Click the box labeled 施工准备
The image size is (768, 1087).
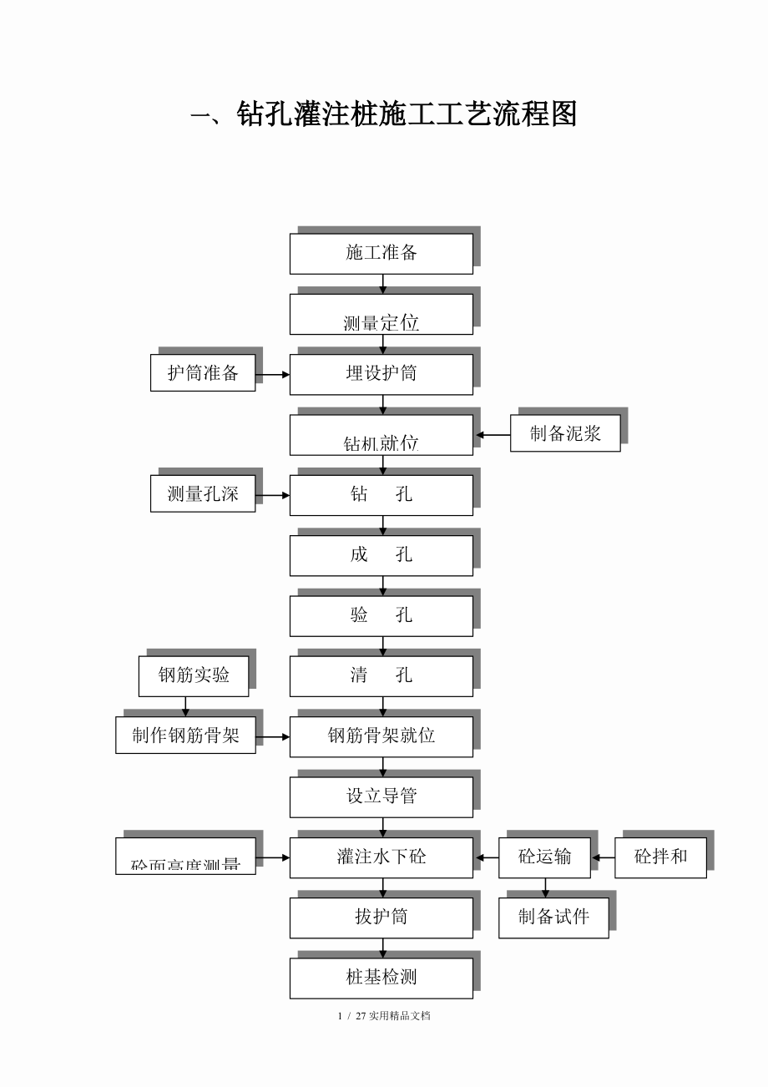(x=381, y=253)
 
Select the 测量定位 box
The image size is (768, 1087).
(x=381, y=314)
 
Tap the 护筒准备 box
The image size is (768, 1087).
(x=203, y=372)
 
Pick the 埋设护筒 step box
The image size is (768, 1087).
(x=381, y=374)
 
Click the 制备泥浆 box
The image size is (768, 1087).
(x=565, y=433)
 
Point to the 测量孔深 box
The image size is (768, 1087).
(x=203, y=493)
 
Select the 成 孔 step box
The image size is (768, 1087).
(x=381, y=555)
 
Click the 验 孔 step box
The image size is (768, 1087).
(x=381, y=615)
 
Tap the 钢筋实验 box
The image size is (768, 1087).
(x=194, y=675)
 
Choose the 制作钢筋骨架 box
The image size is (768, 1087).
(x=185, y=736)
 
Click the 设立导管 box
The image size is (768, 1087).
(x=381, y=796)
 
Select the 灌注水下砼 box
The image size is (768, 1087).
(x=381, y=857)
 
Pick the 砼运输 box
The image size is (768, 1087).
(x=544, y=857)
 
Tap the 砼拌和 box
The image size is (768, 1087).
(x=660, y=857)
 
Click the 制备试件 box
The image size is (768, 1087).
(x=553, y=918)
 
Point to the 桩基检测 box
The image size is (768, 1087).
(x=381, y=978)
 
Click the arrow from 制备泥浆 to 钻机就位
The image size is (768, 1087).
(x=493, y=435)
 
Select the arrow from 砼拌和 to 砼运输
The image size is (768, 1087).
(x=603, y=857)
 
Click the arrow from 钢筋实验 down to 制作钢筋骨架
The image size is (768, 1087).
(x=185, y=706)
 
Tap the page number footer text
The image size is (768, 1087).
(x=384, y=1016)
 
